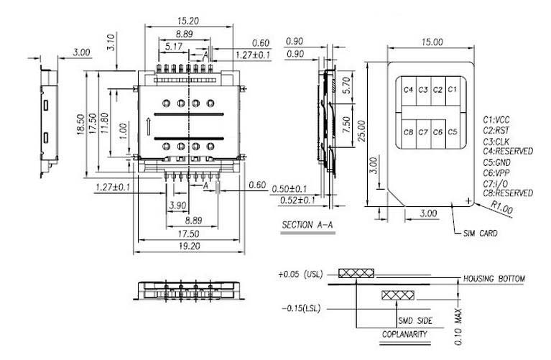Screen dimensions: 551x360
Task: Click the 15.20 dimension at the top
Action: [x=188, y=21]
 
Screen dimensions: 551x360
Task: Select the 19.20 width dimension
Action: [x=189, y=246]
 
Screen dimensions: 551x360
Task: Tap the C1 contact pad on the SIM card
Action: [x=453, y=91]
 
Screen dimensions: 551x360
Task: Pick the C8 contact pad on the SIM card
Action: [x=408, y=132]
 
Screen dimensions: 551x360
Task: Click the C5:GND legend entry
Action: [x=496, y=162]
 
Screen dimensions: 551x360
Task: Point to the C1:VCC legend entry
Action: [x=496, y=120]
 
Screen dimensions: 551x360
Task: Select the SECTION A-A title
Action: [x=307, y=225]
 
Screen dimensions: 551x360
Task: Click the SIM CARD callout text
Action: [x=480, y=233]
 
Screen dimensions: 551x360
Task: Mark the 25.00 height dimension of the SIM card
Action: [x=362, y=131]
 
